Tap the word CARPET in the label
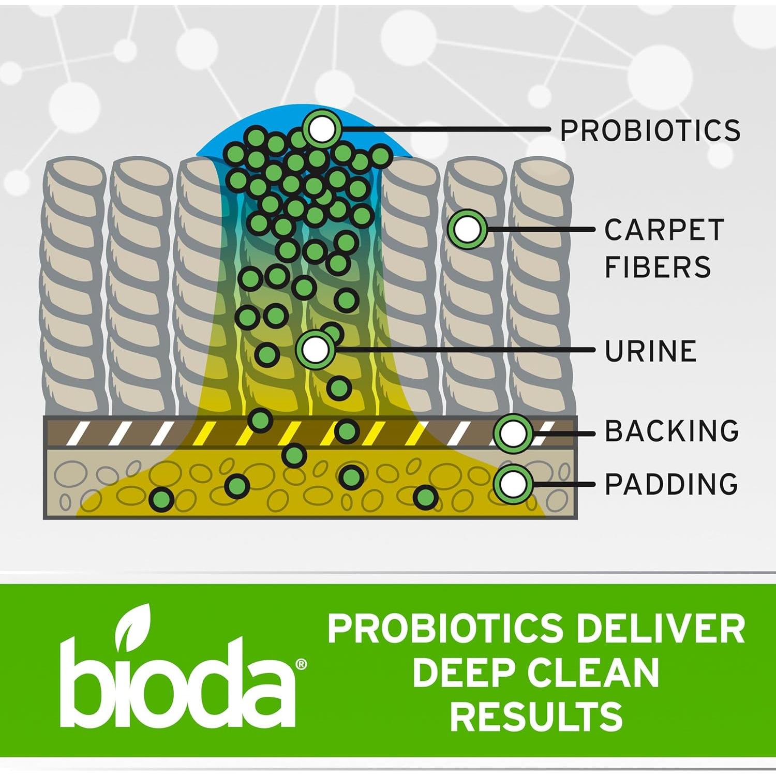(x=664, y=230)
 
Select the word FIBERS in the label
(x=658, y=267)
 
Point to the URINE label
(x=650, y=351)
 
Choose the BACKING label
(x=671, y=431)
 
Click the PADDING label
(x=671, y=484)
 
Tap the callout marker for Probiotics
(x=322, y=129)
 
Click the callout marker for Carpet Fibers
(x=467, y=229)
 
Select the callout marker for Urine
(x=315, y=350)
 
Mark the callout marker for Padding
(x=513, y=484)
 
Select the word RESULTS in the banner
(x=536, y=716)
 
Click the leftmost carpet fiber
(x=73, y=287)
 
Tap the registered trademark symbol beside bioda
(x=301, y=664)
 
